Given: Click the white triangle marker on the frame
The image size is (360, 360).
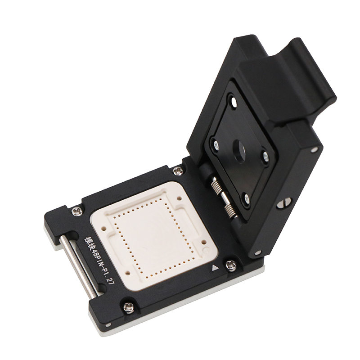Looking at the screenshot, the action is [x=215, y=268].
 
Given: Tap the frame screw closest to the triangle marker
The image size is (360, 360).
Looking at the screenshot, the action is [x=230, y=266].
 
